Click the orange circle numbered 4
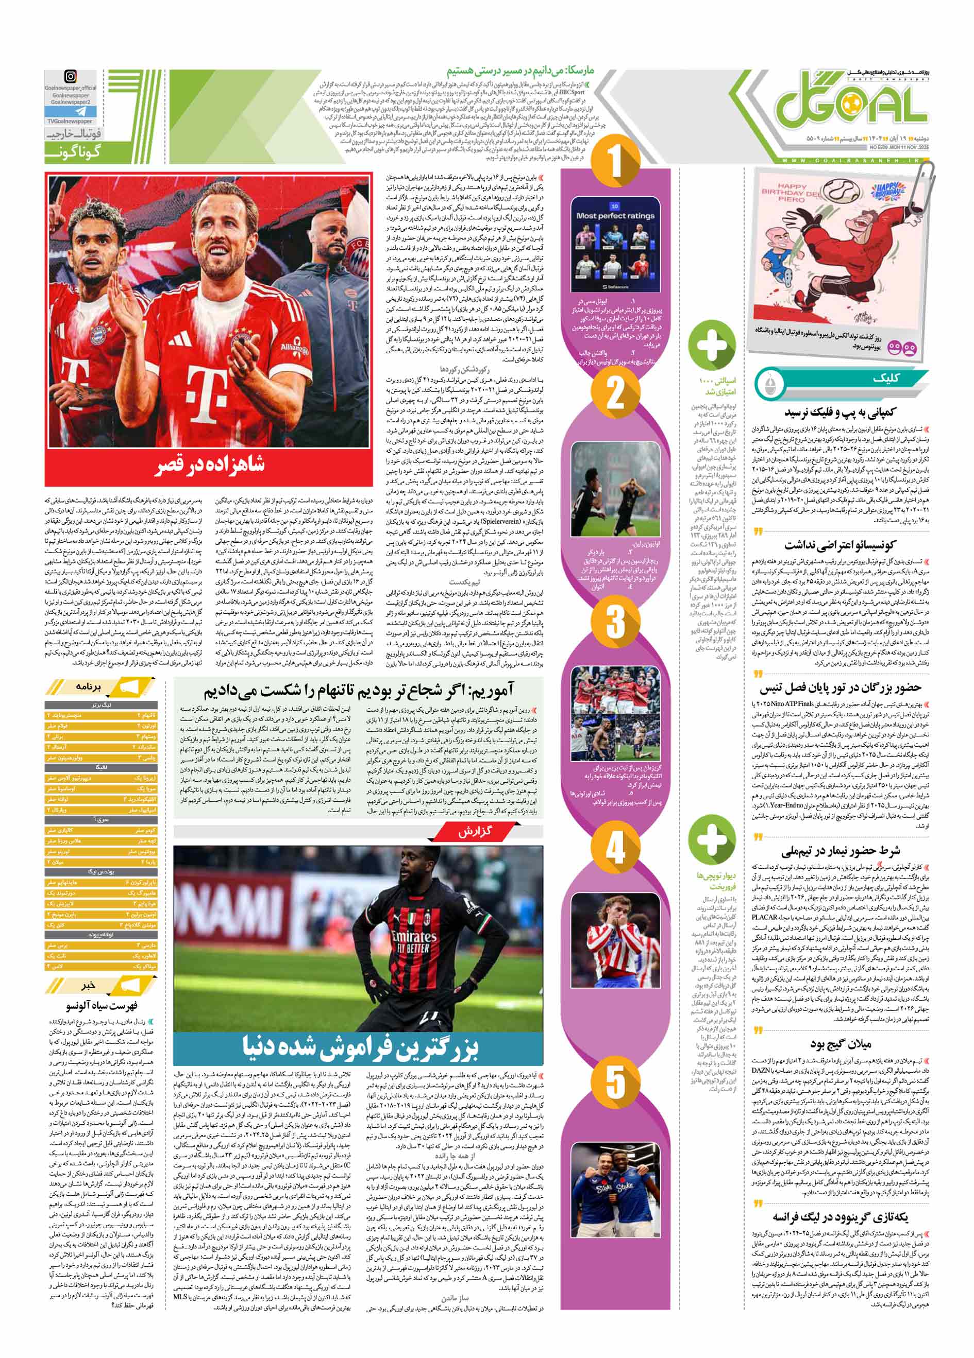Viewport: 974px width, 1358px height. (x=616, y=848)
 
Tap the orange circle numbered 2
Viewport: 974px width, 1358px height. (x=616, y=393)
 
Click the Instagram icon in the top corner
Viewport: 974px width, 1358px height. (x=71, y=77)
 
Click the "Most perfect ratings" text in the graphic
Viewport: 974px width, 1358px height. (x=616, y=216)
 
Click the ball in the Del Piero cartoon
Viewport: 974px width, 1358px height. (x=841, y=193)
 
